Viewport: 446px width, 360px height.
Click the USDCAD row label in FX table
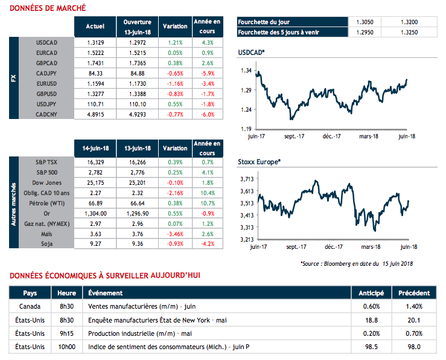(46, 42)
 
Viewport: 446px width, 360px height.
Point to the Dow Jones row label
(46, 182)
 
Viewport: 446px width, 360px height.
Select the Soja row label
(46, 243)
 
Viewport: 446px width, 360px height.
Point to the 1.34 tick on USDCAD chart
(246, 71)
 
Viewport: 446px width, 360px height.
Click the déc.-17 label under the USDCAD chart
(332, 137)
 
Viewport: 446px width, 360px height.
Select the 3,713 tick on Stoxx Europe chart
(245, 179)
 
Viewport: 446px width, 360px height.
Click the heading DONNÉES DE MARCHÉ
(47, 8)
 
